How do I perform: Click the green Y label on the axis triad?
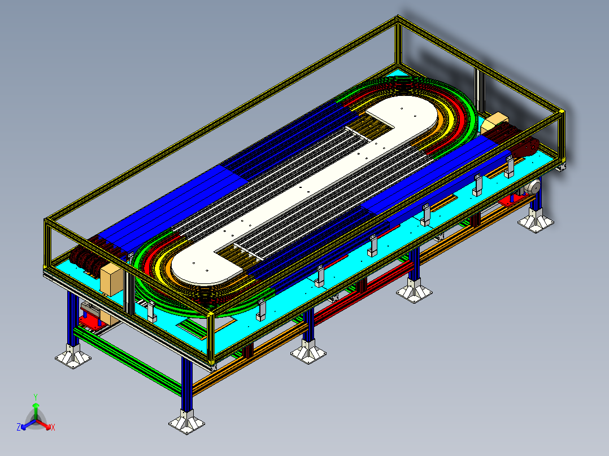[36, 397]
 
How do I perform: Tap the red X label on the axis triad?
[53, 428]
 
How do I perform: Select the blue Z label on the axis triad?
[19, 428]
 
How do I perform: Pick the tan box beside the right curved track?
[495, 122]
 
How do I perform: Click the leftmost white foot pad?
[72, 357]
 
